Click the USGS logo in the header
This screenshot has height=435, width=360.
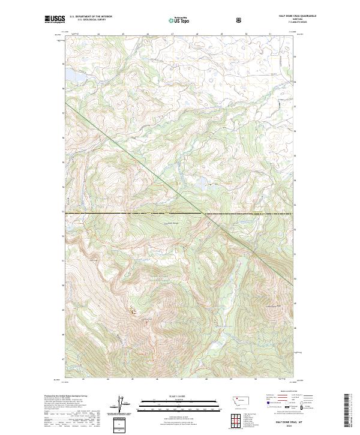tap(54, 19)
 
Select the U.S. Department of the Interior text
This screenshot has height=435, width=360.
tap(91, 17)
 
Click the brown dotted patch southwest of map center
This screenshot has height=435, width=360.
tap(133, 311)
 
